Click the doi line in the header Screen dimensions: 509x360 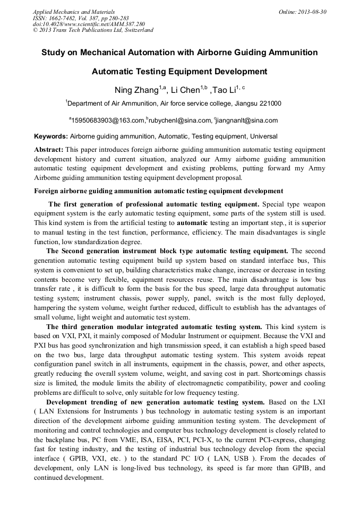coord(89,24)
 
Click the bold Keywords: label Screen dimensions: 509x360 coord(51,136)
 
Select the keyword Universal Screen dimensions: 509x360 coord(263,136)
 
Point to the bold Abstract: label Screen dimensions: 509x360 coord(49,150)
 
